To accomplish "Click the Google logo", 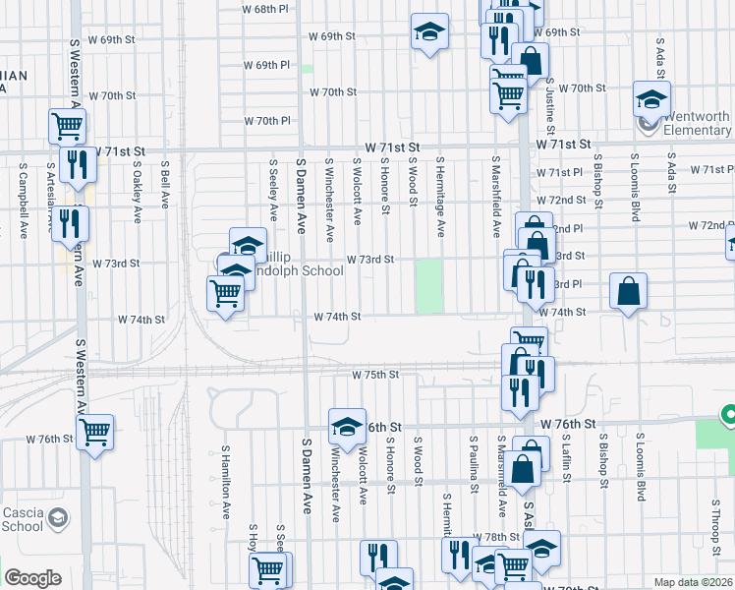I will pyautogui.click(x=32, y=578).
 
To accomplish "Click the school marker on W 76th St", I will pyautogui.click(x=346, y=426).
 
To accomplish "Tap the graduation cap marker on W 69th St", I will pyautogui.click(x=429, y=31).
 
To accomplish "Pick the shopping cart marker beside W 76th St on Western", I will pyautogui.click(x=94, y=431).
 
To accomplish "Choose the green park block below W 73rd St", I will pyautogui.click(x=428, y=286).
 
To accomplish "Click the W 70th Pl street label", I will pyautogui.click(x=267, y=121).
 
